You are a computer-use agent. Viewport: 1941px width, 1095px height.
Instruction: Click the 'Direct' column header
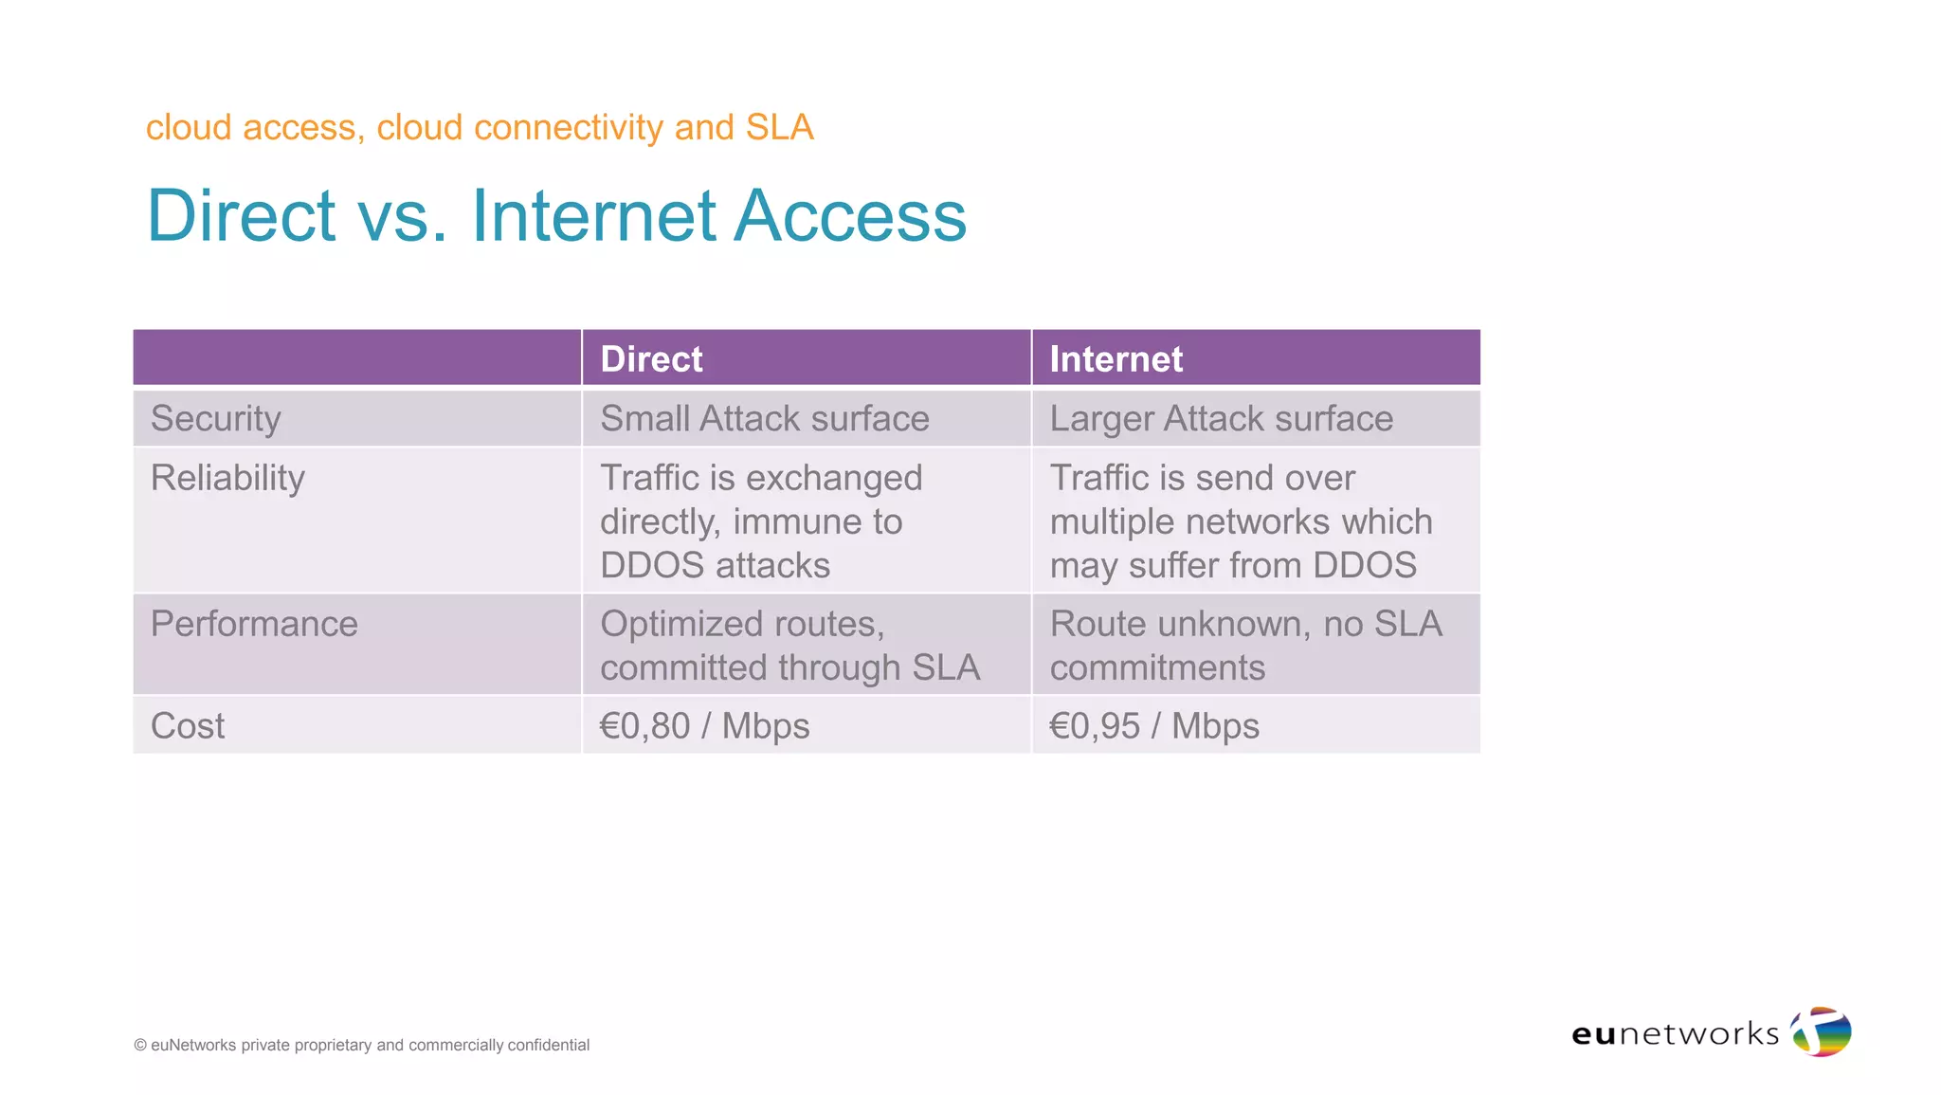pyautogui.click(x=651, y=359)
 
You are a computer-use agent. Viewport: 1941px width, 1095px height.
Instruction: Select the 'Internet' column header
pyautogui.click(x=1116, y=359)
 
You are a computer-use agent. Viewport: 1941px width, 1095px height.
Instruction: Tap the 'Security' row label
pyautogui.click(x=216, y=419)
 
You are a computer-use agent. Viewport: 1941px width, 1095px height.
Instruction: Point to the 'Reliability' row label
pyautogui.click(x=227, y=478)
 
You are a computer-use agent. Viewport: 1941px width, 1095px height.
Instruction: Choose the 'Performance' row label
pyautogui.click(x=254, y=624)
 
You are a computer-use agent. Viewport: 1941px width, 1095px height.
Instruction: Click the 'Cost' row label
pyautogui.click(x=188, y=726)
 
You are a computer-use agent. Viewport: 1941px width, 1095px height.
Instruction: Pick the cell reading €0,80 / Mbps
pyautogui.click(x=704, y=726)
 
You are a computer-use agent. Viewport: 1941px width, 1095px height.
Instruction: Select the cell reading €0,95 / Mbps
pyautogui.click(x=1153, y=726)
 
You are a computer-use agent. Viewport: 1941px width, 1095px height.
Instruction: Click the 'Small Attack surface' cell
pyautogui.click(x=764, y=419)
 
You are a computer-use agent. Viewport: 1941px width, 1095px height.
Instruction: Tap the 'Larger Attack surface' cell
pyautogui.click(x=1221, y=419)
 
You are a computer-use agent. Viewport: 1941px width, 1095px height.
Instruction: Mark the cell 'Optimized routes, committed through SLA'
pyautogui.click(x=789, y=646)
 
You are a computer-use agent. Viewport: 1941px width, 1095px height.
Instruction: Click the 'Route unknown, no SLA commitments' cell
pyautogui.click(x=1244, y=646)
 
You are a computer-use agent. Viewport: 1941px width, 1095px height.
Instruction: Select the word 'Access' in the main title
pyautogui.click(x=850, y=216)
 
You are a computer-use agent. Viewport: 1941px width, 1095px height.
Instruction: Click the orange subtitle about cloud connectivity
pyautogui.click(x=480, y=127)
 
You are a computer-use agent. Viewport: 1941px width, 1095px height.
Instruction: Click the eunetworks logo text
pyautogui.click(x=1675, y=1033)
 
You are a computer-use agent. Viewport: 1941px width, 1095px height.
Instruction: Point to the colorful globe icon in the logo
pyautogui.click(x=1821, y=1031)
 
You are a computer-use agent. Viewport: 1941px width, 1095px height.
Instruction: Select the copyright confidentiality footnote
pyautogui.click(x=361, y=1045)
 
